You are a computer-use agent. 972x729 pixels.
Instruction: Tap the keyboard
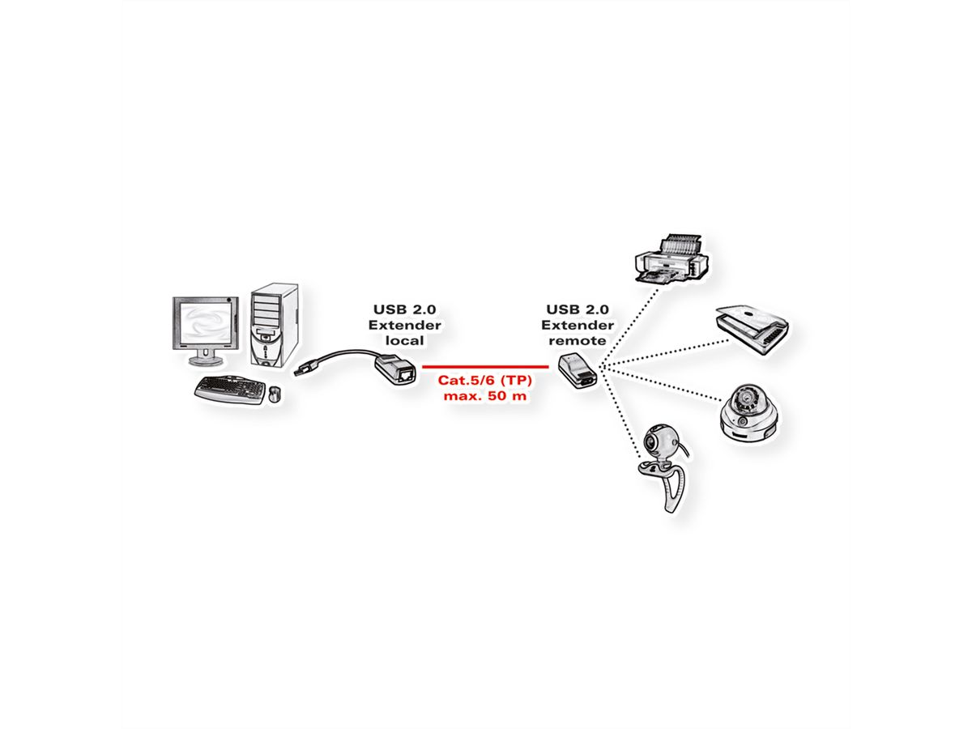[229, 389]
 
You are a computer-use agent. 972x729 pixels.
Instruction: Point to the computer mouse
[275, 394]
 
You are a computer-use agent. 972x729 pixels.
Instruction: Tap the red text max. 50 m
[485, 397]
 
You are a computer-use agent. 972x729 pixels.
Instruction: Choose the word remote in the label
[577, 341]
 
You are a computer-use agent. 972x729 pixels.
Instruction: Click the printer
[672, 260]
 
